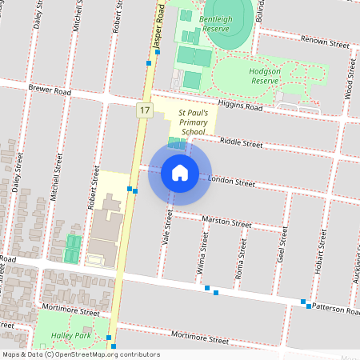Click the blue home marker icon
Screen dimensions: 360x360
click(180, 172)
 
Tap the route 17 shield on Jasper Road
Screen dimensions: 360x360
click(144, 110)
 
